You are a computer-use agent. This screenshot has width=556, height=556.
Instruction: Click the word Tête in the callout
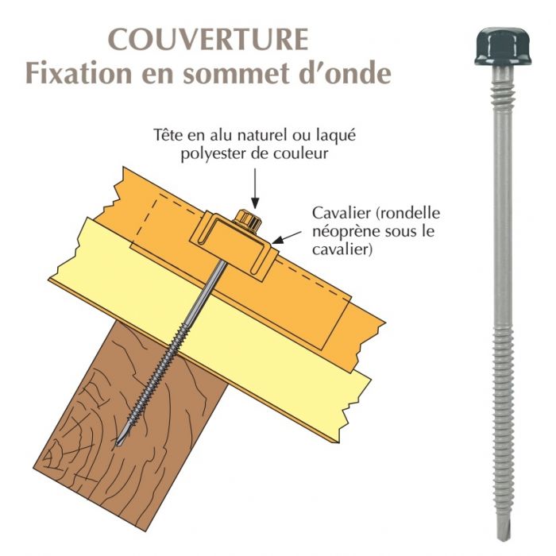pyautogui.click(x=168, y=135)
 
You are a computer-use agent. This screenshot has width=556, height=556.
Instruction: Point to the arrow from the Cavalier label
pyautogui.click(x=286, y=235)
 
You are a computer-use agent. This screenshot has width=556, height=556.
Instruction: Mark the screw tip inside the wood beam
pyautogui.click(x=120, y=441)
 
